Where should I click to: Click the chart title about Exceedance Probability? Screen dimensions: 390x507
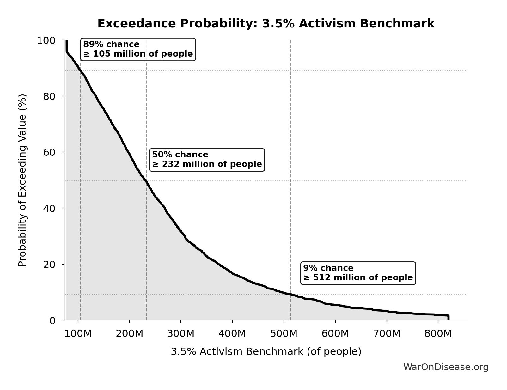(x=266, y=24)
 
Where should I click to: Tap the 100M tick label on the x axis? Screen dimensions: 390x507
(x=78, y=333)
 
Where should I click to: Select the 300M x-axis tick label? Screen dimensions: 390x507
(x=181, y=333)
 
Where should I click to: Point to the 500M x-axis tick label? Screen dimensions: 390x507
(x=284, y=333)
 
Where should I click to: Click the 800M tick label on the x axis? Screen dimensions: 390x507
(x=438, y=333)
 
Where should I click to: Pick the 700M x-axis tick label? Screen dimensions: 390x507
(x=387, y=333)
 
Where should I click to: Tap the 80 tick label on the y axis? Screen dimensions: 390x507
(x=49, y=96)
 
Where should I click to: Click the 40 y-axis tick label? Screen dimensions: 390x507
(x=49, y=208)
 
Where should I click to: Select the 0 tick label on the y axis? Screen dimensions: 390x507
(x=52, y=320)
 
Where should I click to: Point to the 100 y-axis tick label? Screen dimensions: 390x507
(x=46, y=40)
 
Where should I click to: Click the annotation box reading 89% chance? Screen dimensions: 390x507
(x=138, y=49)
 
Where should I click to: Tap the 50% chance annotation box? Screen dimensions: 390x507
(x=207, y=160)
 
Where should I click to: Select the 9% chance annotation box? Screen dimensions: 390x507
(x=358, y=273)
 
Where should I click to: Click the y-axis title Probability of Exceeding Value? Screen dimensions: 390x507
(x=22, y=180)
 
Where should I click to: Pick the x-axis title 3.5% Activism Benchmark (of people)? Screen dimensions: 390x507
(x=266, y=351)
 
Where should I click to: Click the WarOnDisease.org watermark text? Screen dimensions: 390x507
(x=446, y=367)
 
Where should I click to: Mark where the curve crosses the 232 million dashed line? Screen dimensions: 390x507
(x=146, y=181)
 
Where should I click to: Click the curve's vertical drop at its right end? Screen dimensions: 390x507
(x=448, y=317)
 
